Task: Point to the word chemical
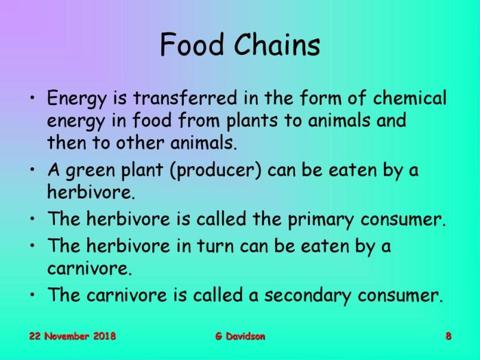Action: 405,98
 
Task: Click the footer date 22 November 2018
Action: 72,336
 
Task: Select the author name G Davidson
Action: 239,336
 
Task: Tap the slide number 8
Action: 448,336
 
